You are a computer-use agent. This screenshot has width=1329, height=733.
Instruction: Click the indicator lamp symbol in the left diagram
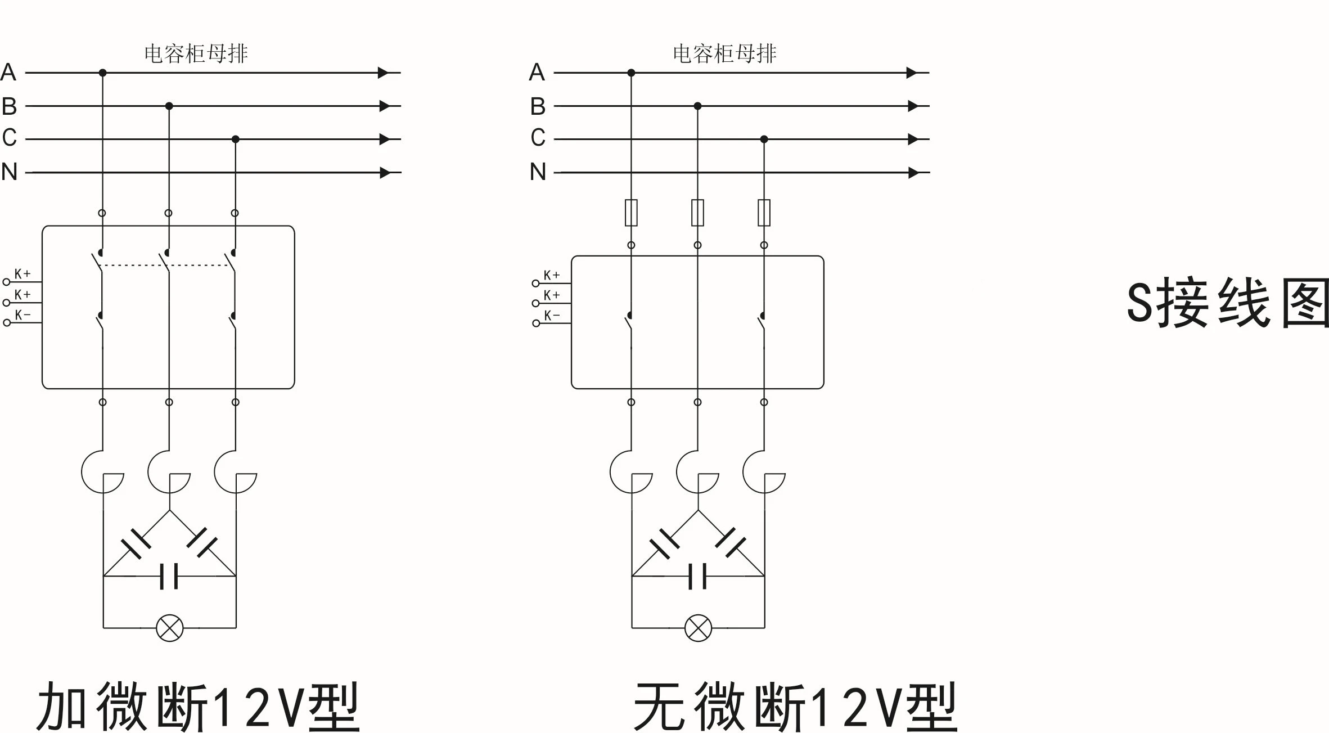click(x=169, y=628)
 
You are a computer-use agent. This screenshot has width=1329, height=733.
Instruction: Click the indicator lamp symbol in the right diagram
click(x=698, y=628)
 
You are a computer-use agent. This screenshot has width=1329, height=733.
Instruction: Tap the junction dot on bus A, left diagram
click(x=102, y=73)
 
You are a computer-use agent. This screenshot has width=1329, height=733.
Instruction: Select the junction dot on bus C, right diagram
click(x=764, y=139)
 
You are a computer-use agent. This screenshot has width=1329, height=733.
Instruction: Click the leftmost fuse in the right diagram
click(x=631, y=213)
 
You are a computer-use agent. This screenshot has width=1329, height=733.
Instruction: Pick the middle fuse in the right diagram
click(x=697, y=213)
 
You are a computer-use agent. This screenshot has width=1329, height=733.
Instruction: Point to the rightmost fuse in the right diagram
click(x=764, y=213)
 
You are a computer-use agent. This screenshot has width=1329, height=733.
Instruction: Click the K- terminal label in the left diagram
click(x=22, y=315)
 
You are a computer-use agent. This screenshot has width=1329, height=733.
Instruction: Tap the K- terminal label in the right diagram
click(x=552, y=316)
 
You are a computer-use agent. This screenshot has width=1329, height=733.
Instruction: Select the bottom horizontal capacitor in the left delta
click(x=169, y=576)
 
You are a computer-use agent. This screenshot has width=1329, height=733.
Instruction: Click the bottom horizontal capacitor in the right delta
click(x=697, y=576)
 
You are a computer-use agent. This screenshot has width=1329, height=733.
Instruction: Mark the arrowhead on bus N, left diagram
click(x=385, y=172)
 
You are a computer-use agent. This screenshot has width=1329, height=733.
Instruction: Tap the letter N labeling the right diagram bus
click(x=538, y=172)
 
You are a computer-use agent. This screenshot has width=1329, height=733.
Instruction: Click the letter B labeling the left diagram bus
click(x=9, y=106)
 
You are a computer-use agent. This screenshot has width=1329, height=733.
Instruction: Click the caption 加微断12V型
click(x=197, y=707)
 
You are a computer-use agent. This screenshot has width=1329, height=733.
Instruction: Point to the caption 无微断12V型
click(x=795, y=707)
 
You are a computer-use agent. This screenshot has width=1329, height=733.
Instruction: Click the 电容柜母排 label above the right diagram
click(x=724, y=53)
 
